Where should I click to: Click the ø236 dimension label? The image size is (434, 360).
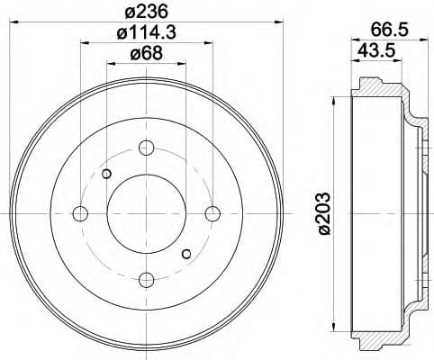tap(147, 10)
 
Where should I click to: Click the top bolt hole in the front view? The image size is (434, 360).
tap(147, 147)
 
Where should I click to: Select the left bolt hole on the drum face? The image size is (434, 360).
tap(80, 213)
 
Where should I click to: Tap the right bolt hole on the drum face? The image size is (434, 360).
tap(213, 213)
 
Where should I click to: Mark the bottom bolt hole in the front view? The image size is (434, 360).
tap(147, 280)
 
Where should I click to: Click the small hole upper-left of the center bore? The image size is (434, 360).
tap(107, 174)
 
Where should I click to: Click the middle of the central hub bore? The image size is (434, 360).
tap(147, 213)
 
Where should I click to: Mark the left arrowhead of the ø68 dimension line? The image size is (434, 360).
tap(110, 64)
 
